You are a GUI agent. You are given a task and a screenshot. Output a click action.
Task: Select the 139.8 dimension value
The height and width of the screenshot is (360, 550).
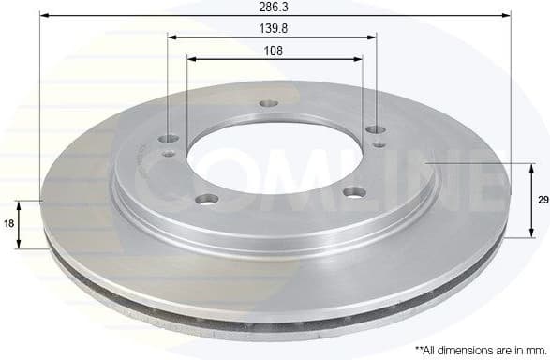coord(273,29)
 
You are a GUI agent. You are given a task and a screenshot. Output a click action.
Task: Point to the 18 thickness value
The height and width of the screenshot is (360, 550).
coord(8,224)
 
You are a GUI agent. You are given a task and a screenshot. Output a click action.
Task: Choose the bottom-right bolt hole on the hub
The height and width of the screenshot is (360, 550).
coord(353,192)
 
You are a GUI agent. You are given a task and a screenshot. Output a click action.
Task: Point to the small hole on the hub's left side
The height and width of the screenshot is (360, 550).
coord(169,153)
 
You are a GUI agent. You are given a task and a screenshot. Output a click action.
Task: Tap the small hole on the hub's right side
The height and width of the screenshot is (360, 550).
coord(377,144)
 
